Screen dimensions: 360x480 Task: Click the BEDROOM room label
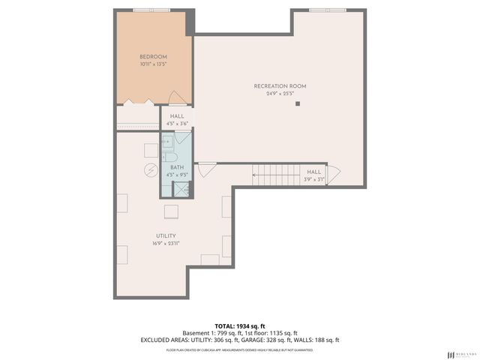(x=153, y=57)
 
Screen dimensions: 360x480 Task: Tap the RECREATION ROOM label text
(x=280, y=86)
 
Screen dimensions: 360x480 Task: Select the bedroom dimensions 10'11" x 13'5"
(x=153, y=64)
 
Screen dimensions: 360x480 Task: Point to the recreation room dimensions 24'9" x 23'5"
(x=280, y=94)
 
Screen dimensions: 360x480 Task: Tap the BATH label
(x=176, y=167)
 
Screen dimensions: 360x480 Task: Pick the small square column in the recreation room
(x=298, y=103)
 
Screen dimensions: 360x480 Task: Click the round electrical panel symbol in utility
(x=149, y=170)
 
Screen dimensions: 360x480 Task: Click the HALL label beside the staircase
(x=313, y=172)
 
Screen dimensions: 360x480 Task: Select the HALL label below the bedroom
(x=177, y=116)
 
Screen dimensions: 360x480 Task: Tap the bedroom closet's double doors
(x=139, y=102)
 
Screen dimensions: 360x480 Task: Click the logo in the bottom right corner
(x=460, y=354)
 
